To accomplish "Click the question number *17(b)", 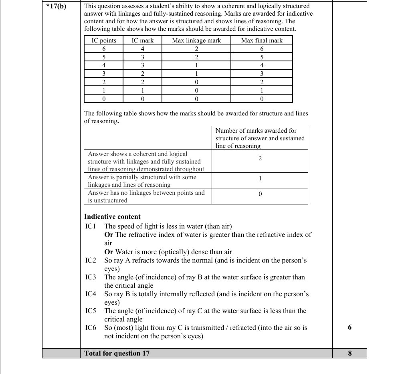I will (x=56, y=7).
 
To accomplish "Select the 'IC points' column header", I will (x=104, y=40).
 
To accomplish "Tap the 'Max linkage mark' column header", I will (x=196, y=40).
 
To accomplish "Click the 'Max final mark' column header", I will (x=262, y=40).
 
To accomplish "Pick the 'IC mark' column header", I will (x=143, y=40).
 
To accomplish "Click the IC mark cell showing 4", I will (x=143, y=49).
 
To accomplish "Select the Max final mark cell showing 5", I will (x=262, y=57).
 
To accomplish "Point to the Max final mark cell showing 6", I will (x=262, y=49).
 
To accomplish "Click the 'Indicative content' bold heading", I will (x=112, y=216).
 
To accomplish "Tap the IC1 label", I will (x=91, y=226).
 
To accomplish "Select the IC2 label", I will (x=91, y=260).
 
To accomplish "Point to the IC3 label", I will (x=91, y=277).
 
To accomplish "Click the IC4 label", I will (x=91, y=294).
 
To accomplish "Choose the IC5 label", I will (x=91, y=311).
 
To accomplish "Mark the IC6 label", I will (x=91, y=328).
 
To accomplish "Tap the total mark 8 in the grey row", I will (x=350, y=353).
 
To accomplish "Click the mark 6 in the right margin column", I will (x=350, y=328).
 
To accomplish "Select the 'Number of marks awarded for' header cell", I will (x=256, y=130).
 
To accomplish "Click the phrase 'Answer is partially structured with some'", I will (x=142, y=177).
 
